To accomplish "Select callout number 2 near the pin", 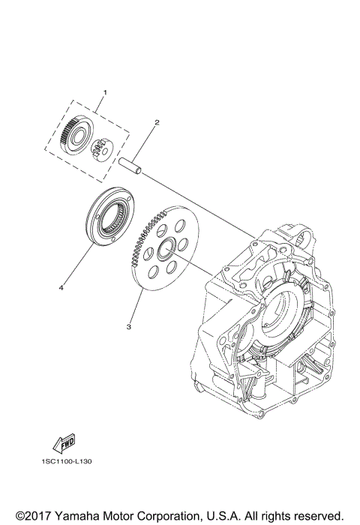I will (x=157, y=121).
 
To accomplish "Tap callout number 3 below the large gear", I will (x=130, y=326).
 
